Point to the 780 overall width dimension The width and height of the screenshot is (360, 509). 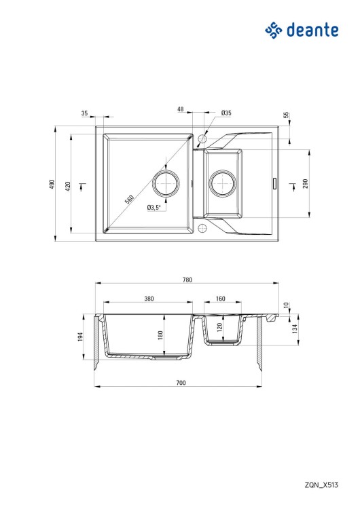coord(187,280)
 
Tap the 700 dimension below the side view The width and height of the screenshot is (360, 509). coord(181,383)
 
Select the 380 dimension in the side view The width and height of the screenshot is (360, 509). coord(149,299)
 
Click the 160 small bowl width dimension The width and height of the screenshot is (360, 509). coord(221,299)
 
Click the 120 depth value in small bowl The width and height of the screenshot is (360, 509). coord(219,327)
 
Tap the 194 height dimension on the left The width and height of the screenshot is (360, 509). coord(80,337)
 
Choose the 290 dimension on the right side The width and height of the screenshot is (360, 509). coord(306,183)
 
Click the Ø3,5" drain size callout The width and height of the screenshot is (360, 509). coord(153,208)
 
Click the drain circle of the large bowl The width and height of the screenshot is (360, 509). coord(166,183)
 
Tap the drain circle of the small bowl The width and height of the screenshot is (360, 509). coord(222,183)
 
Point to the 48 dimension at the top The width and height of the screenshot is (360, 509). coord(181,109)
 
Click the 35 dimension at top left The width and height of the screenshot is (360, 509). coord(84,113)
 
